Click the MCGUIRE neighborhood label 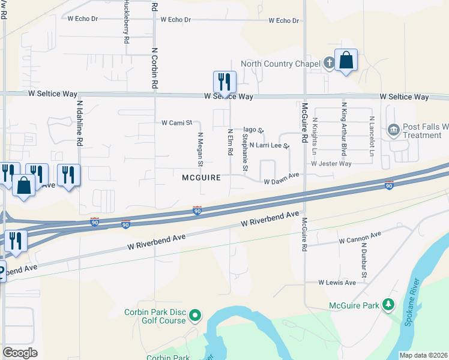pos(202,178)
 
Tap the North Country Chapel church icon pos(329,63)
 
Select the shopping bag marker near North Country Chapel pos(346,61)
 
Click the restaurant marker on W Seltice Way pos(224,81)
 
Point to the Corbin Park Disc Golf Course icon pos(195,314)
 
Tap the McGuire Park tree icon pos(388,305)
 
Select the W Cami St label pos(176,123)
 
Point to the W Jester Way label pos(331,163)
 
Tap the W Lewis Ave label pos(337,282)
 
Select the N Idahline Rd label pos(79,123)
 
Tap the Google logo pos(20,353)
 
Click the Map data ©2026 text pos(424,355)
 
